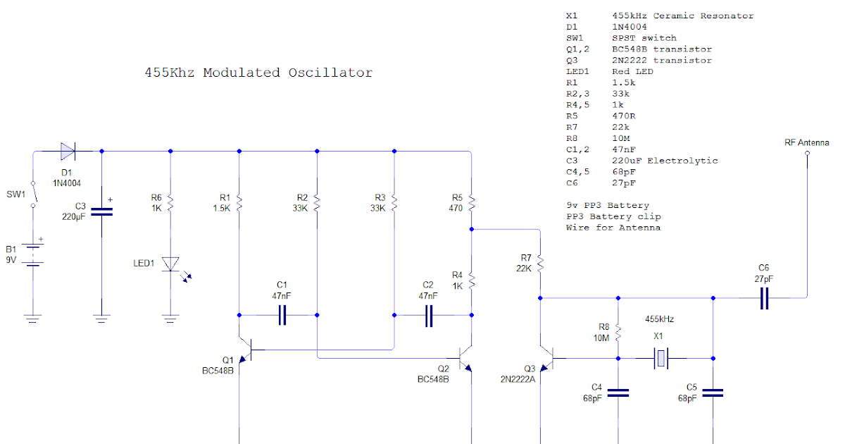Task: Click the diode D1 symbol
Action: pyautogui.click(x=68, y=150)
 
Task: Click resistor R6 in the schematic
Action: pyautogui.click(x=170, y=203)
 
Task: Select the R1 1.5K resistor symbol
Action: pyautogui.click(x=239, y=203)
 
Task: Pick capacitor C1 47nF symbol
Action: pyautogui.click(x=282, y=315)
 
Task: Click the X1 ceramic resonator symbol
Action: pyautogui.click(x=660, y=358)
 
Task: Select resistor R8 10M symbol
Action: pyautogui.click(x=618, y=331)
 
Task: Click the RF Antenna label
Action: pyautogui.click(x=807, y=142)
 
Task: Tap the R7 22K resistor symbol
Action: pyautogui.click(x=540, y=263)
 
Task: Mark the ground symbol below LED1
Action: pyautogui.click(x=170, y=319)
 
